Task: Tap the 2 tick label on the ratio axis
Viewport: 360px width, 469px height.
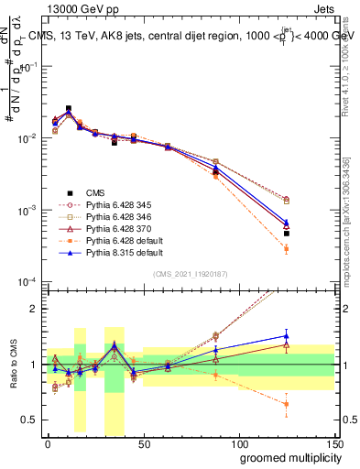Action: click(35, 309)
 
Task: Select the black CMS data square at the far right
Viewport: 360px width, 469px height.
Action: click(287, 234)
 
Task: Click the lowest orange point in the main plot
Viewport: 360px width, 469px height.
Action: click(287, 249)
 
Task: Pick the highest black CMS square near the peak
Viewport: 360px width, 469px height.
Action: click(69, 108)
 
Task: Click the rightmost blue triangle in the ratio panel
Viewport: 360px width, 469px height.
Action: click(287, 335)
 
